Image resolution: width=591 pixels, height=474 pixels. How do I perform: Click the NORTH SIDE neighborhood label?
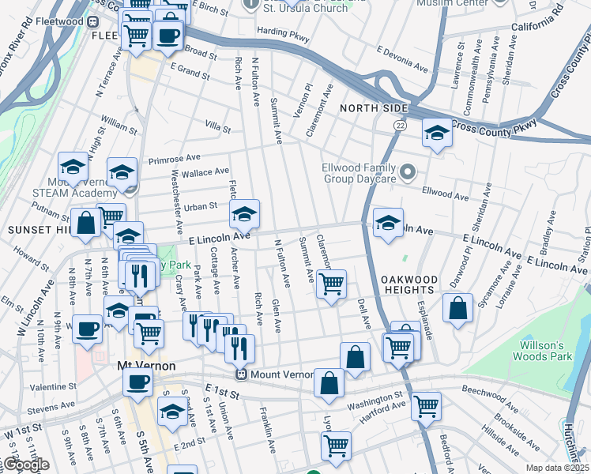coord(374,107)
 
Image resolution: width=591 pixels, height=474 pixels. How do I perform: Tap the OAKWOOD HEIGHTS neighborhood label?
coord(408,285)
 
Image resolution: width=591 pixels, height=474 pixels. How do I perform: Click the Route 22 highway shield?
coord(401,126)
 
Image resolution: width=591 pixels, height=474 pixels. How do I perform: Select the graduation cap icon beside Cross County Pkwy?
coord(436,133)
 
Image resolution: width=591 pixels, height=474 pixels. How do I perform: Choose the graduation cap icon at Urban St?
coord(244,213)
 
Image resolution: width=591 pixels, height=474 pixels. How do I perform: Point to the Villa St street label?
coord(217,127)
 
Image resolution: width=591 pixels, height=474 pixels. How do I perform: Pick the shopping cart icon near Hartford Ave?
coord(427,405)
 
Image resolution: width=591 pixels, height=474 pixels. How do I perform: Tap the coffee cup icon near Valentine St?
coord(137,383)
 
